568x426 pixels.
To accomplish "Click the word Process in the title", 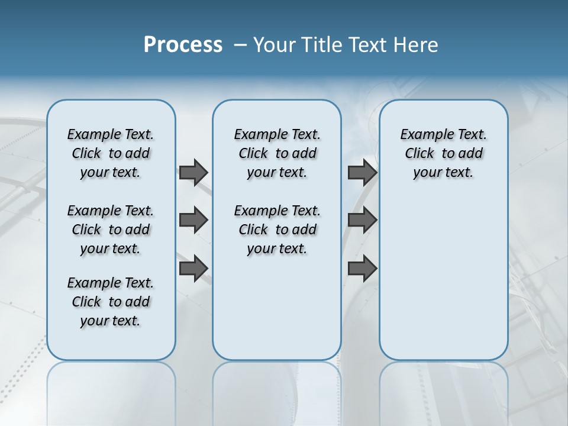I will click(183, 44).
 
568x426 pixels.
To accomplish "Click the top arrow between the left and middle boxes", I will click(193, 172).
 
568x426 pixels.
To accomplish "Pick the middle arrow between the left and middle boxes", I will click(193, 220).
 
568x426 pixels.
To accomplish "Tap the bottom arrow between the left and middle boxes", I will click(193, 269).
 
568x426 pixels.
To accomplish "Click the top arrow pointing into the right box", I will click(363, 172).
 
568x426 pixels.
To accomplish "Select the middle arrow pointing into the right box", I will click(363, 220).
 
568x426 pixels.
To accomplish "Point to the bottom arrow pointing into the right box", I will click(363, 269).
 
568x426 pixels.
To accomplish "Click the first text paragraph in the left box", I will click(111, 153).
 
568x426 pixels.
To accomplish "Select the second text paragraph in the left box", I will click(111, 230).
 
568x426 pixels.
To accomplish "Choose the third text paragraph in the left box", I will click(111, 302).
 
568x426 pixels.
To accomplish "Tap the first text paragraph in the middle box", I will click(277, 153).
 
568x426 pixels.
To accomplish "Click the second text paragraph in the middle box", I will click(277, 230).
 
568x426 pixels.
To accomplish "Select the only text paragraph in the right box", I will click(443, 153).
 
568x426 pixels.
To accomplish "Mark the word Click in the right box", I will click(419, 154).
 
